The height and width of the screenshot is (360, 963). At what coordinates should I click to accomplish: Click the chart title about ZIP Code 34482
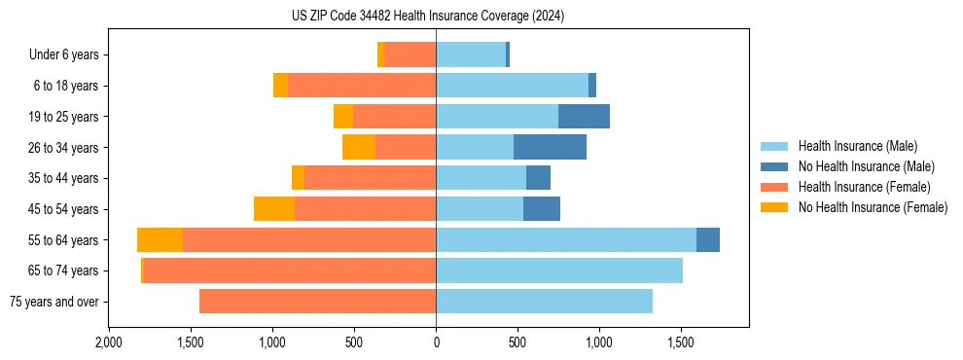[x=428, y=16]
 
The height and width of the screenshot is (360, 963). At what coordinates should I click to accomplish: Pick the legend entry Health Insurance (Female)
[x=858, y=187]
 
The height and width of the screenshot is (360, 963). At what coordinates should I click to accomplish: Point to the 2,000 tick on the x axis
[x=109, y=342]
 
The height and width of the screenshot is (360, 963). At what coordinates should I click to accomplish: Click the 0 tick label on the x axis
[x=436, y=342]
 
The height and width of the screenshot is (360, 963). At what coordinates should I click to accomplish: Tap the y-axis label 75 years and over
[x=53, y=302]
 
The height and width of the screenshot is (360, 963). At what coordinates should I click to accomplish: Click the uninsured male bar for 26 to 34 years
[x=550, y=147]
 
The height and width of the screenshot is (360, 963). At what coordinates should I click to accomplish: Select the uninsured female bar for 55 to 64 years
[x=160, y=240]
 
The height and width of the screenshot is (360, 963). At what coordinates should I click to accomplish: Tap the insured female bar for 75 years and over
[x=317, y=302]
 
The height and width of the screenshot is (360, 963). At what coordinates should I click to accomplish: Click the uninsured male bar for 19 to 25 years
[x=584, y=117]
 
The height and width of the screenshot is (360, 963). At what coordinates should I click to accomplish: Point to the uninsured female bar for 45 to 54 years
[x=274, y=209]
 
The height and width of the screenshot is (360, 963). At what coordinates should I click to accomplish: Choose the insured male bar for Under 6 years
[x=471, y=55]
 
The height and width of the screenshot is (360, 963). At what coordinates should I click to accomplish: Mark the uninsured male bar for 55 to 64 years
[x=708, y=240]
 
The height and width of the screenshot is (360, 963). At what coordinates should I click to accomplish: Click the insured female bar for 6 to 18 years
[x=362, y=86]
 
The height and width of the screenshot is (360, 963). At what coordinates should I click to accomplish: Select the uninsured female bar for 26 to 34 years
[x=359, y=147]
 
